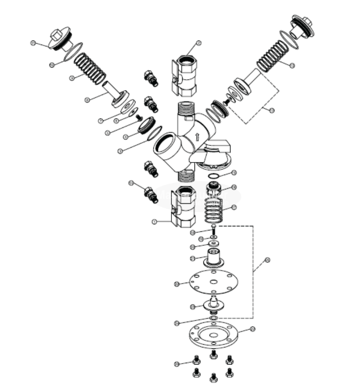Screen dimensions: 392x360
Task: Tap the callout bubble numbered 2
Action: point(198,43)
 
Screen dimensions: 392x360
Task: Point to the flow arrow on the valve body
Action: point(197,137)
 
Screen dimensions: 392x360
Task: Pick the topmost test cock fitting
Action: point(150,77)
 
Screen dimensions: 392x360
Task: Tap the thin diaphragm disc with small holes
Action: point(214,282)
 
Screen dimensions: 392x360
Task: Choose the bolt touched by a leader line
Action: point(196,360)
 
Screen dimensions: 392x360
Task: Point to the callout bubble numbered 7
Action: point(100,121)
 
